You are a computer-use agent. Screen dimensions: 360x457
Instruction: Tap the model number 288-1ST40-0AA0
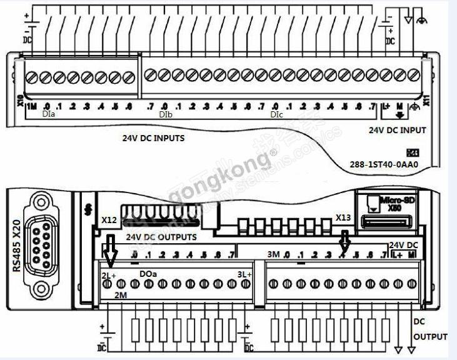pos(384,166)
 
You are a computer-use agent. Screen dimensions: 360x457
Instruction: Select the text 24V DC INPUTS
pos(153,138)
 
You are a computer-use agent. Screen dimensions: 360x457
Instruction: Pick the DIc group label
pos(277,116)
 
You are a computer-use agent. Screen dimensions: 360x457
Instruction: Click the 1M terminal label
pos(31,106)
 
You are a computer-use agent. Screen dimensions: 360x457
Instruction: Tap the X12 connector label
pos(109,220)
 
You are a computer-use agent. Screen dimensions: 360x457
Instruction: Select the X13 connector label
pos(343,217)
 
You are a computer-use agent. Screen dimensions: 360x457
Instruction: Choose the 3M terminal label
pos(273,254)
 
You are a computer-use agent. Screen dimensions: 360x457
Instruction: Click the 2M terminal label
pos(121,294)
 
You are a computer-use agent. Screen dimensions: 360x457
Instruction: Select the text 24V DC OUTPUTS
pos(161,237)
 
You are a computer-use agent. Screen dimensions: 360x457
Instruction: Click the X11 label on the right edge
pos(428,100)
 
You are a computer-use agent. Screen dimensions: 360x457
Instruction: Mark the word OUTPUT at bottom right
pos(431,337)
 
